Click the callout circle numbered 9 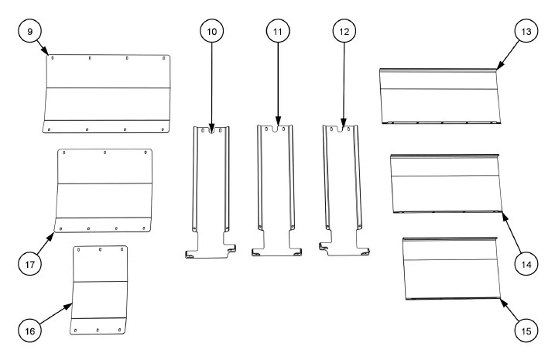[x=29, y=31]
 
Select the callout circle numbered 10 [x=211, y=31]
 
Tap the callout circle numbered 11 [x=278, y=31]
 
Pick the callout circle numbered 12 [x=344, y=31]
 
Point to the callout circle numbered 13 [x=526, y=31]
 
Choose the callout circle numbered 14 [x=526, y=264]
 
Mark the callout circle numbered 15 [x=526, y=331]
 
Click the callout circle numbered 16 [x=29, y=331]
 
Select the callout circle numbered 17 [x=29, y=264]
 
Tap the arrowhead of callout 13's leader [x=499, y=66]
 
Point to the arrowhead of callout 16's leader [x=69, y=307]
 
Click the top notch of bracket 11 [x=278, y=129]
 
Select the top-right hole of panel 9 [x=164, y=58]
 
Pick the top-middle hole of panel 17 [x=104, y=153]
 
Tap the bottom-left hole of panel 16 [x=75, y=331]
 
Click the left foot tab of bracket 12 [x=324, y=246]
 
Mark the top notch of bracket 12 [x=340, y=129]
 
